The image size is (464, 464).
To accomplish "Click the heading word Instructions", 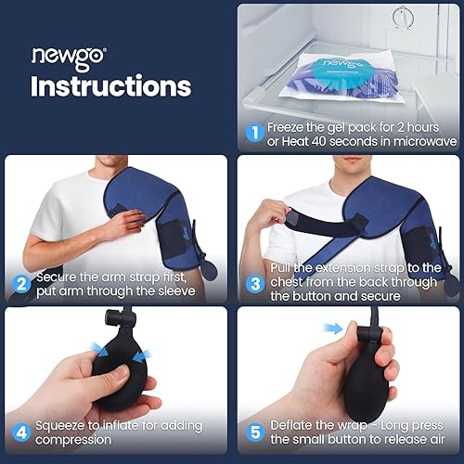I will pyautogui.click(x=110, y=86).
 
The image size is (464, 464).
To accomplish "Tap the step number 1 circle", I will pyautogui.click(x=253, y=132).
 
